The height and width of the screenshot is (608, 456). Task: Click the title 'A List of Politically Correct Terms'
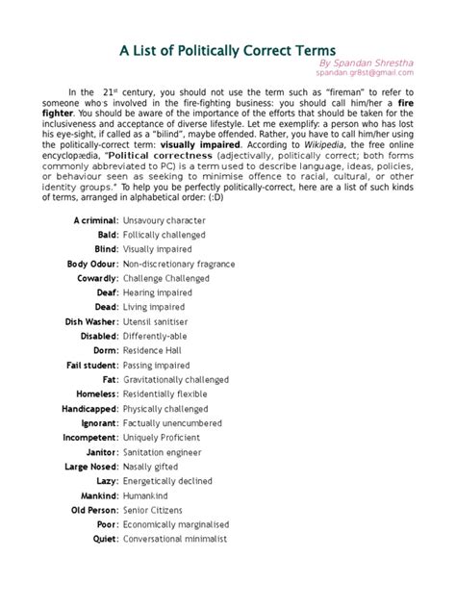tap(228, 49)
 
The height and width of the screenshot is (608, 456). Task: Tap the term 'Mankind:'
tap(97, 495)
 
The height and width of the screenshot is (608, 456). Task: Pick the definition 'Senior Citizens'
tap(155, 510)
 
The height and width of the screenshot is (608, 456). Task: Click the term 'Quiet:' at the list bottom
tap(104, 539)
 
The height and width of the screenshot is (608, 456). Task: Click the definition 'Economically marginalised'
tap(182, 524)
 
